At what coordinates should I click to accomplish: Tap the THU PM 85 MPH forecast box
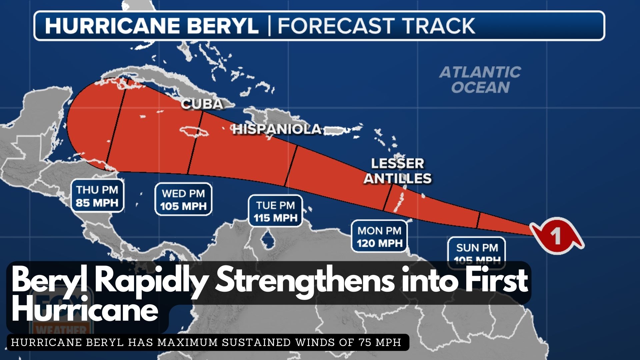click(97, 196)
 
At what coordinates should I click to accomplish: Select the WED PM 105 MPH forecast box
click(183, 199)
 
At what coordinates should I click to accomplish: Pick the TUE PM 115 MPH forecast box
click(275, 211)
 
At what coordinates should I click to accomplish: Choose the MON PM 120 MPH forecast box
click(379, 236)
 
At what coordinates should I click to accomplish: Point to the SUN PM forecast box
click(477, 252)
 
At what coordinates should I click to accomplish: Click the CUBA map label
click(202, 104)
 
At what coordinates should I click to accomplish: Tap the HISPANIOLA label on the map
click(277, 129)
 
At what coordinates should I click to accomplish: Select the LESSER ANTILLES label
click(397, 171)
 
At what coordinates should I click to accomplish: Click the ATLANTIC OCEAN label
click(480, 80)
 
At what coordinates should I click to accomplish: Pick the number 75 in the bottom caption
click(366, 342)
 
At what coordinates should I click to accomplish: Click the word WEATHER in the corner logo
click(62, 330)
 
